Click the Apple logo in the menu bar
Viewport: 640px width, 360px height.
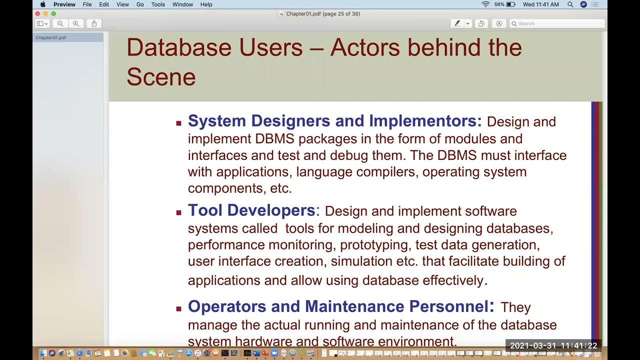coord(43,4)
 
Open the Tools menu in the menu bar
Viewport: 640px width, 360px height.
coord(158,4)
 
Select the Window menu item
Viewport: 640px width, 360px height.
coord(182,4)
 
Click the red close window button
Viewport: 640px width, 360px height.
coord(38,13)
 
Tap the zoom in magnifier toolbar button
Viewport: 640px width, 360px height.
coord(76,23)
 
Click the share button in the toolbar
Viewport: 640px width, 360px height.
coord(94,23)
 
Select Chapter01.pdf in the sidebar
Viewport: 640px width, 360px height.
coord(51,37)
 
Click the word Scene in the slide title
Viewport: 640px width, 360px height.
coord(161,77)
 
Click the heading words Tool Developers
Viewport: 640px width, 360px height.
coord(251,210)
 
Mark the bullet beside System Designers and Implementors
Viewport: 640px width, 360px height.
coord(178,122)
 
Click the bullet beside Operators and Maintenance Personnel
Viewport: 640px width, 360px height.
coord(178,308)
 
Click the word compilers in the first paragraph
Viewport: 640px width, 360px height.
coord(387,172)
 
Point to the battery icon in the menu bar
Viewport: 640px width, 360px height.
coord(510,4)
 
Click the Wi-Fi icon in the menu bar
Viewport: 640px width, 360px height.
coord(485,4)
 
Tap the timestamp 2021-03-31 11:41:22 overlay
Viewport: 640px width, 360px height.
coord(553,345)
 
